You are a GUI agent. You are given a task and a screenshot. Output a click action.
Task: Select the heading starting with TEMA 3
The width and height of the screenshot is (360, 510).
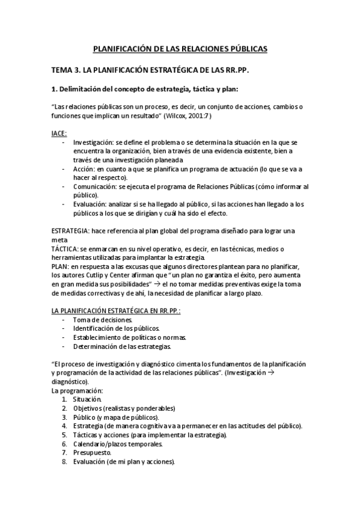pos(150,70)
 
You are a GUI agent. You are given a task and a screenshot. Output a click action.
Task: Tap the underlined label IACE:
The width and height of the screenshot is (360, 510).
pos(59,132)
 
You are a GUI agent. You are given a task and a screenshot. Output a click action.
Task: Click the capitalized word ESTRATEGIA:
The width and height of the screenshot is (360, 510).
pos(72,230)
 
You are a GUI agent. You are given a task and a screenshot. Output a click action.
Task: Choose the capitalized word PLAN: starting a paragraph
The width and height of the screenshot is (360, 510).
pos(60,266)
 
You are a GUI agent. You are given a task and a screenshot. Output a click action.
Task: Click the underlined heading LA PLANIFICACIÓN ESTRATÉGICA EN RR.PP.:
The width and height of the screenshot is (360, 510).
pos(116,310)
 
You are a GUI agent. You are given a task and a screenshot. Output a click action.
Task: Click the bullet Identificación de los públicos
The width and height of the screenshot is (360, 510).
pos(116,328)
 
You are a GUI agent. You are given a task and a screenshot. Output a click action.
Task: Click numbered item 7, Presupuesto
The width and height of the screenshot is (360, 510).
pos(92,453)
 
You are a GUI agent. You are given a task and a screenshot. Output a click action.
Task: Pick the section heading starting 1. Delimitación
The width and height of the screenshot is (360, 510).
pos(145,90)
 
